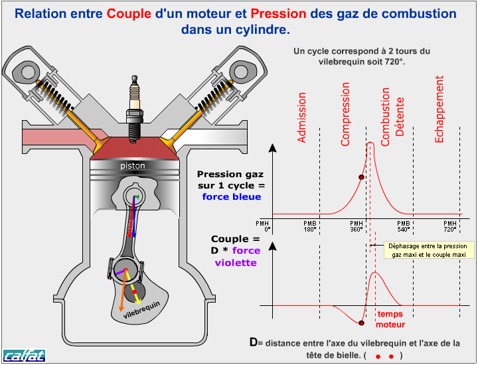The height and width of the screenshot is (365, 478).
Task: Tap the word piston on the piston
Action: [133, 165]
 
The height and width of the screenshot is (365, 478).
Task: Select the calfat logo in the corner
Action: [24, 355]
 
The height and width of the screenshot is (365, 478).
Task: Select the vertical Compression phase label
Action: [345, 113]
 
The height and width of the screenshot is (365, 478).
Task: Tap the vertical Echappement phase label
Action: [439, 109]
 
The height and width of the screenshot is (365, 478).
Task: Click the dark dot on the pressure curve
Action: [361, 177]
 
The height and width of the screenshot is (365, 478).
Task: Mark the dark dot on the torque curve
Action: [361, 323]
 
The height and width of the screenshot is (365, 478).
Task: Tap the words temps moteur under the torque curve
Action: [390, 319]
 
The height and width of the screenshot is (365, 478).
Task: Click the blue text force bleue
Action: [232, 196]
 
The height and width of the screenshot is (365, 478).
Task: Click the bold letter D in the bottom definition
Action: [253, 342]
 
